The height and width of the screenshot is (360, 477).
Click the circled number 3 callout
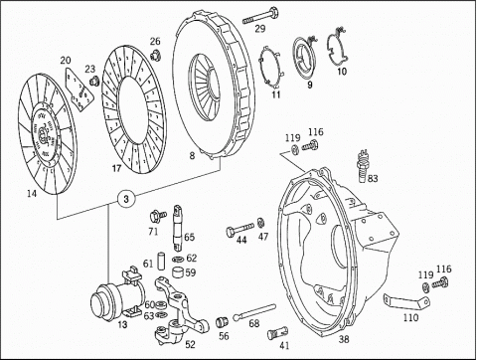(x=126, y=199)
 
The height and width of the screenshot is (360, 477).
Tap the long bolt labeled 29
(x=261, y=16)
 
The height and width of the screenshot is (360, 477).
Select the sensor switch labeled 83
(x=362, y=167)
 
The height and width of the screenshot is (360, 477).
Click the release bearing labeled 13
(x=117, y=294)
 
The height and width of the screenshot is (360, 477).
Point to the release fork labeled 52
(x=180, y=310)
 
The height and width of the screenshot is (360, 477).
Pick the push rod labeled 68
(x=254, y=311)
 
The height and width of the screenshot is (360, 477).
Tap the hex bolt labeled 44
(x=240, y=229)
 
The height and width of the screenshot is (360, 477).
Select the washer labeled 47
(x=261, y=222)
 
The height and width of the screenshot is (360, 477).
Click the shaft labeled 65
(x=178, y=226)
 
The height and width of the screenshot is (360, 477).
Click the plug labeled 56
(x=221, y=322)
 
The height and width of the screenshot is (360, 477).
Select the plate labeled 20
(x=79, y=89)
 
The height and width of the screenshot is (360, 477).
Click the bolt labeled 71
(x=158, y=216)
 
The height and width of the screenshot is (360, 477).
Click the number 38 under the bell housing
(x=344, y=339)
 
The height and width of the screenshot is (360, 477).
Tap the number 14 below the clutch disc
(x=32, y=194)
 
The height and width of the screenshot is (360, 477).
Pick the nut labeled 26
(x=155, y=55)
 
